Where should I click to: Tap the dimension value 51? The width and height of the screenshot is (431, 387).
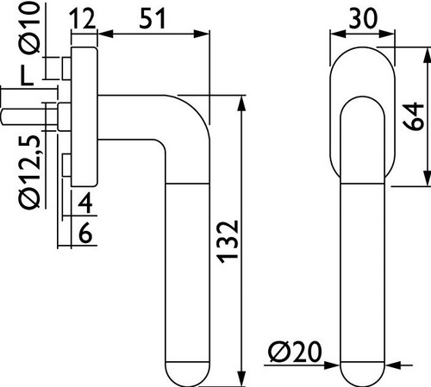point(153,19)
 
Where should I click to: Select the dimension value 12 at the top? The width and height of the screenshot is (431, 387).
point(83,19)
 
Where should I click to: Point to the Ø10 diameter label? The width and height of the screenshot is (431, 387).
point(29,28)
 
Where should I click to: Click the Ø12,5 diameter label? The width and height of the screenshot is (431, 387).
point(29,172)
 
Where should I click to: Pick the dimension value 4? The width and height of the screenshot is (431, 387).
point(85,203)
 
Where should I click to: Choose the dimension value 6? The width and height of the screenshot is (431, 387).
point(85,233)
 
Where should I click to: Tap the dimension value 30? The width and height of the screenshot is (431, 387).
point(363,18)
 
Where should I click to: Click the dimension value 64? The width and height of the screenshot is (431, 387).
point(414,116)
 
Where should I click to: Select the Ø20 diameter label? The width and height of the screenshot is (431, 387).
point(295,352)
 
